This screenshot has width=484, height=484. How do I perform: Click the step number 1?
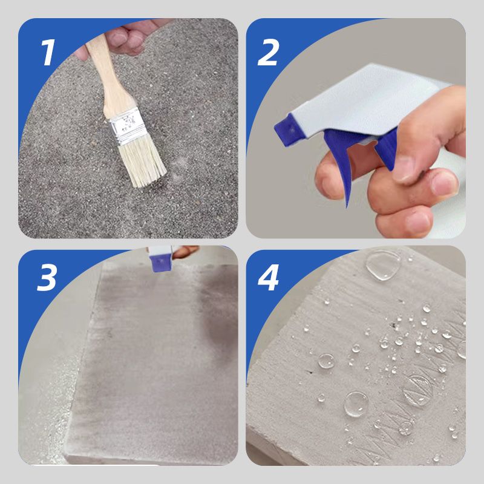48,52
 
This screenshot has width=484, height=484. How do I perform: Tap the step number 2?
269,52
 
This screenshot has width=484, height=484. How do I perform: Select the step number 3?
47,278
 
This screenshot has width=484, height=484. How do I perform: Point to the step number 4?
268,278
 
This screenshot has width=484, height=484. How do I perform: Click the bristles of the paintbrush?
142,162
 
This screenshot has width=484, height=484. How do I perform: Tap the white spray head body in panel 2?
364,102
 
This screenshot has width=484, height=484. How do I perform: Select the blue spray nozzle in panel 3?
160,263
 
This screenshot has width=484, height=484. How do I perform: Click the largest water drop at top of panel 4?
383,265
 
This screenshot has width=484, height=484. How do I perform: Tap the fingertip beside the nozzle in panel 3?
185,251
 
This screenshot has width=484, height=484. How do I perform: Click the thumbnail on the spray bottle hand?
404,168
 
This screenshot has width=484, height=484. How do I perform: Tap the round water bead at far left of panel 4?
326,361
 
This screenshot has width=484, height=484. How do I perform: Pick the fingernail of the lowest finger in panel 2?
418,223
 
